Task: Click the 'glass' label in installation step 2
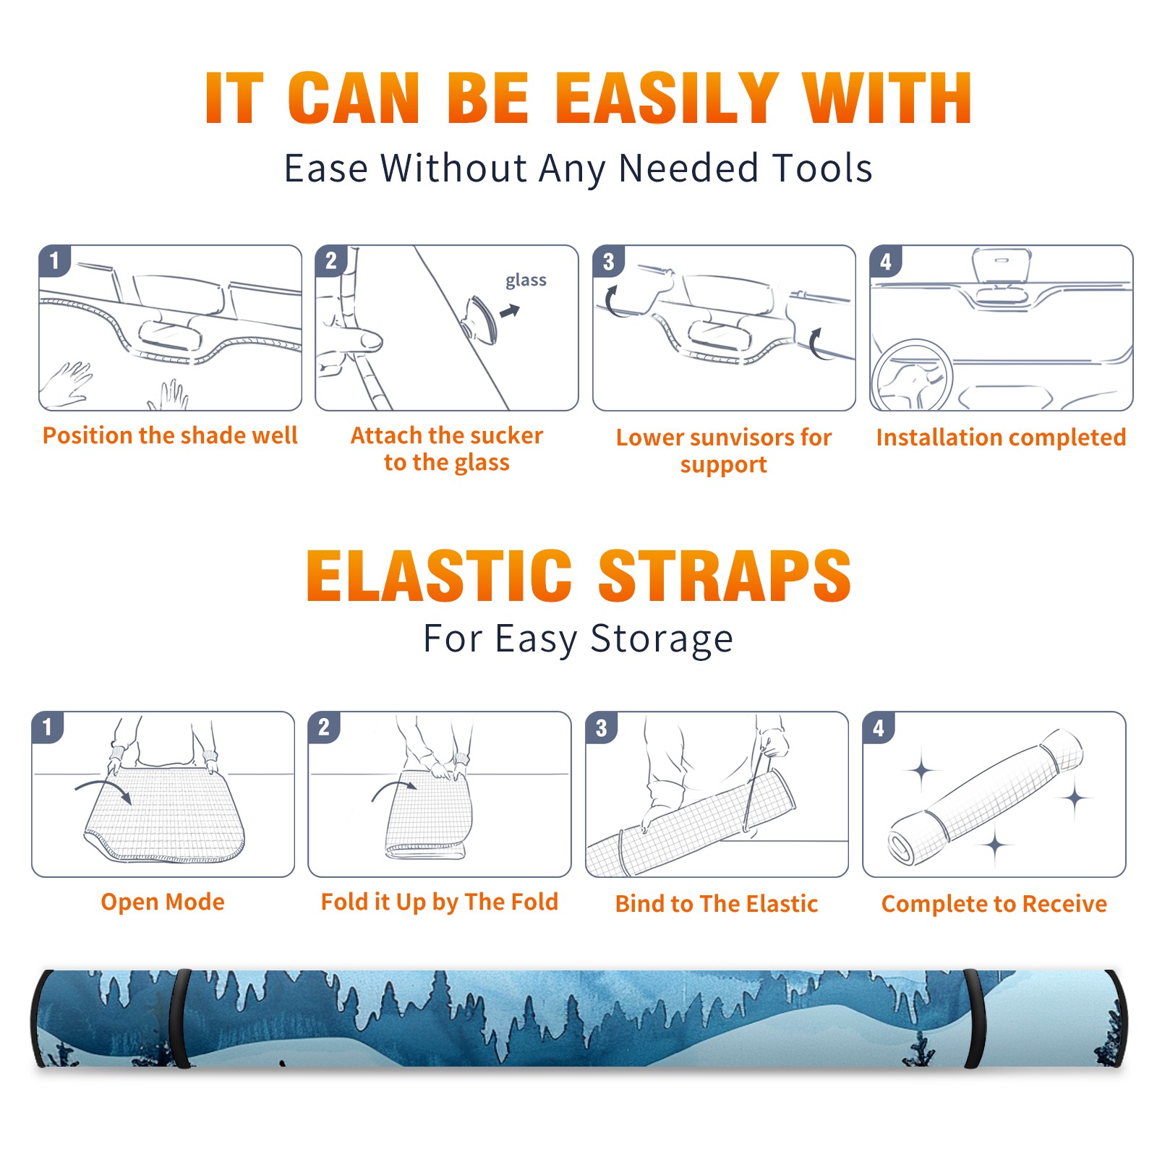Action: coord(526,281)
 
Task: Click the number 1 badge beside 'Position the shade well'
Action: coord(55,260)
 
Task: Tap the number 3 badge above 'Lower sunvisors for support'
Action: coord(609,261)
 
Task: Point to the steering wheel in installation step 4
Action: coord(912,375)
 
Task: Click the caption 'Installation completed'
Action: coord(1001,437)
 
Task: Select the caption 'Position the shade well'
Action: coord(170,435)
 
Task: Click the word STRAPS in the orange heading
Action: coord(725,576)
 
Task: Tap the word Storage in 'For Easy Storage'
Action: coord(662,639)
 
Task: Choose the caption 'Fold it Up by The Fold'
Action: coord(440,902)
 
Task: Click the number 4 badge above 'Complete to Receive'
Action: coord(879,727)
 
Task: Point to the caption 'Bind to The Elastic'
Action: coord(717,904)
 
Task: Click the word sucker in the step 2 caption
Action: coord(507,435)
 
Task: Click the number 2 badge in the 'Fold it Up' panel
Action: coord(324,727)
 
